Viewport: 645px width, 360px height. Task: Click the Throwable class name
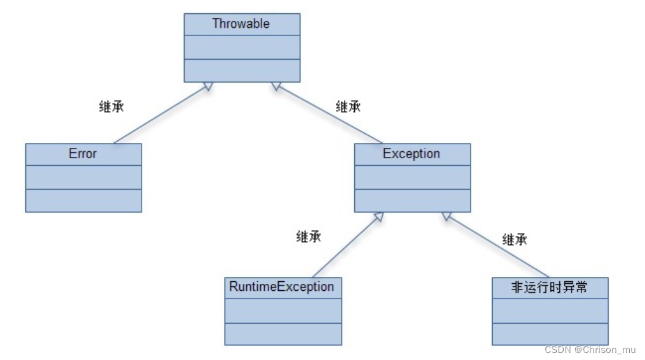pos(241,24)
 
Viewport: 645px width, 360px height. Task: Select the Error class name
pos(83,154)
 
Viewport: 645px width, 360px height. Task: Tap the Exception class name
pos(411,154)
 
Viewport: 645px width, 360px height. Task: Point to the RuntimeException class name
pos(282,287)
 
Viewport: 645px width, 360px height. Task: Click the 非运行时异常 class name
pos(549,288)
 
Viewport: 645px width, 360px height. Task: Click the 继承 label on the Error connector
pos(112,107)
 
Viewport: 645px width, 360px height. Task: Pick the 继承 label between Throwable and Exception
pos(348,107)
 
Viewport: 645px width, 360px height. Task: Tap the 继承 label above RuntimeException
pos(309,237)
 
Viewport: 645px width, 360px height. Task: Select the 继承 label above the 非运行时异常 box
pos(515,239)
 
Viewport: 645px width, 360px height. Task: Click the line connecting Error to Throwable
pos(159,115)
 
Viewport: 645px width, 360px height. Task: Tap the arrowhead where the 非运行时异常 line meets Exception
pos(447,217)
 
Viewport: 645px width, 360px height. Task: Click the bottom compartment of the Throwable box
pos(241,70)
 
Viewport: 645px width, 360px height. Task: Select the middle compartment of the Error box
pos(83,177)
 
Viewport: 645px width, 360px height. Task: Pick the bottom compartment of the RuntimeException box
pos(283,333)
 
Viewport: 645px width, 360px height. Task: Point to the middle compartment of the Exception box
pos(412,177)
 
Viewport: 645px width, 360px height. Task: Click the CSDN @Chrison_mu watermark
pos(590,350)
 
